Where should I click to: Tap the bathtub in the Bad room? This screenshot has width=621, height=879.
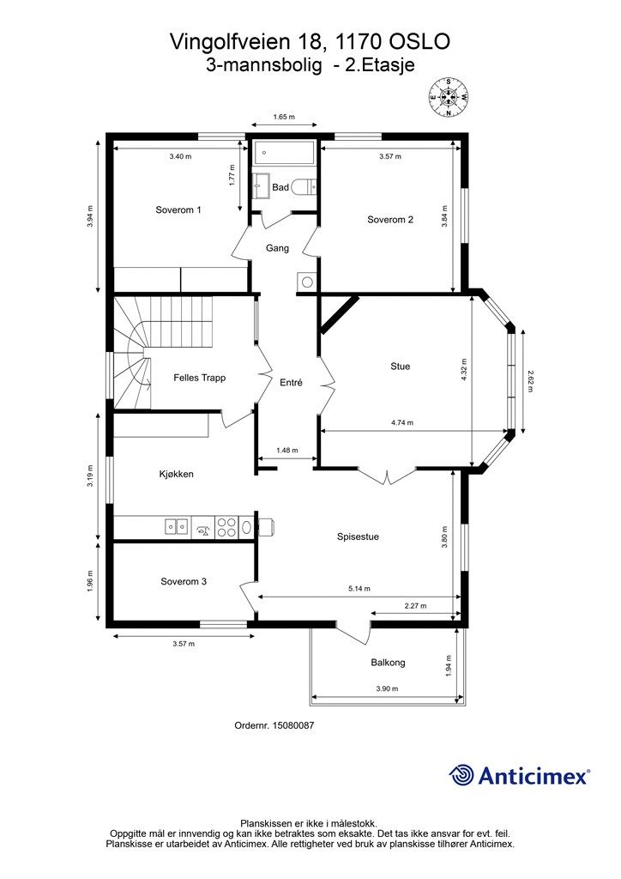tap(284, 153)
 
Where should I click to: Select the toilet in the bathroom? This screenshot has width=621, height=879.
tap(305, 185)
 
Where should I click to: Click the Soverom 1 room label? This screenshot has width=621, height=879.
tap(178, 209)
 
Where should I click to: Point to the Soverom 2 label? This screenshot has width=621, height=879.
tap(389, 220)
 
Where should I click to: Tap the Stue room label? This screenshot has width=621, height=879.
tap(400, 366)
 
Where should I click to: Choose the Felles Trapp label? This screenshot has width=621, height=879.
tap(199, 378)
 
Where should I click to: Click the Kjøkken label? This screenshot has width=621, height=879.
tap(176, 474)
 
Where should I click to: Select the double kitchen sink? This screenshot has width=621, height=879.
tap(176, 526)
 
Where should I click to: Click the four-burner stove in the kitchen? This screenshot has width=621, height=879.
tap(226, 527)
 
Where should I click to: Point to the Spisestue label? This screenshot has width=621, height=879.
tap(358, 536)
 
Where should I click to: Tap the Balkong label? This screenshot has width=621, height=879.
tap(388, 663)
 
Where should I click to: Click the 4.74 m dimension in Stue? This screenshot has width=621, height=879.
tap(402, 422)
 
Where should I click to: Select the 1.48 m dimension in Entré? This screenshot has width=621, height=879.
tap(287, 450)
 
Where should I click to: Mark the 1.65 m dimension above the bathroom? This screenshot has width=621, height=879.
tap(283, 117)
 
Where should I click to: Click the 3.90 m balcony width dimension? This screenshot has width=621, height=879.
tap(387, 688)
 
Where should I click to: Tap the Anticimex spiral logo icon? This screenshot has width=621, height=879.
tap(461, 775)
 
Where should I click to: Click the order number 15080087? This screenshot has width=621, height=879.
tap(292, 725)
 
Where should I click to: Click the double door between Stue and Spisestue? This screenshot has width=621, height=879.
tap(387, 476)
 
